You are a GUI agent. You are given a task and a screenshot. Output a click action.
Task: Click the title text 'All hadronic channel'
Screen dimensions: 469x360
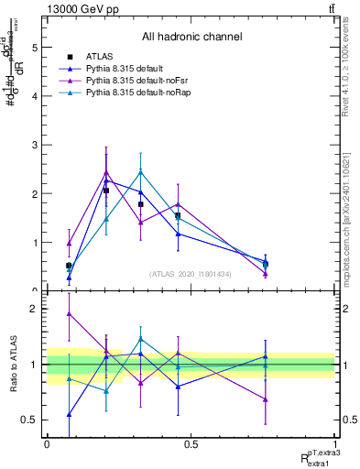(191, 37)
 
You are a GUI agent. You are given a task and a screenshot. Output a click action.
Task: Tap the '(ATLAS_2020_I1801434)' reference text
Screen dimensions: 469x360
(191, 274)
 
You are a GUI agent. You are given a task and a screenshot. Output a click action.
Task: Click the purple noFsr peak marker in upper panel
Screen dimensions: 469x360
(106, 171)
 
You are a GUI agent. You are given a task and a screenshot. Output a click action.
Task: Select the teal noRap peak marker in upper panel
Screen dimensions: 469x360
(140, 171)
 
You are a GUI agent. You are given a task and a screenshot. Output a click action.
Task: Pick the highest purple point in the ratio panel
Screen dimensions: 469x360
(70, 313)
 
